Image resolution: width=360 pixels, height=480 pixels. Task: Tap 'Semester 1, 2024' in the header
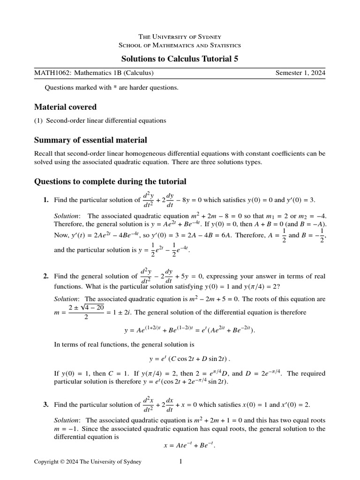click(300, 73)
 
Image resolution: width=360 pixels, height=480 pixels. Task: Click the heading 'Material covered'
click(65, 107)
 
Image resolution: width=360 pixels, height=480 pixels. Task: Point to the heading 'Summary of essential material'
click(90, 140)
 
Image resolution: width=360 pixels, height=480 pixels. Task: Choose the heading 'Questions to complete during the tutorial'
click(110, 181)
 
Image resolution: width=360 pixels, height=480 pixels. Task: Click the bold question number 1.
click(46, 200)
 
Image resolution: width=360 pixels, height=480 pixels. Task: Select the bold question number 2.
click(46, 277)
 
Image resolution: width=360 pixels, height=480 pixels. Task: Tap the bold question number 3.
click(46, 405)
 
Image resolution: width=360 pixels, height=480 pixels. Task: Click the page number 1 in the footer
click(181, 462)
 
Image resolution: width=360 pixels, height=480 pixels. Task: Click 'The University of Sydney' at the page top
click(180, 37)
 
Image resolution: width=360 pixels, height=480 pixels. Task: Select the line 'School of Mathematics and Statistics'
click(180, 45)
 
